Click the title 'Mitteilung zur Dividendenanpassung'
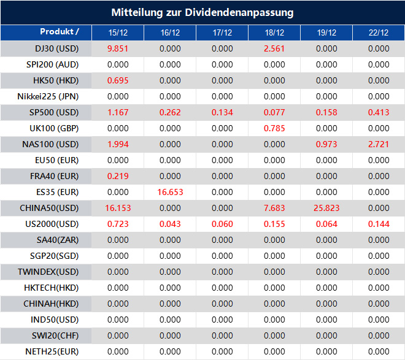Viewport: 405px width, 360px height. [202, 12]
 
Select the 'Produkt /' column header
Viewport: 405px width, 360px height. [60, 32]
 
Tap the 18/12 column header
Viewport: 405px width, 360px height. [275, 33]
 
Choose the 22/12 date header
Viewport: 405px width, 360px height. [379, 33]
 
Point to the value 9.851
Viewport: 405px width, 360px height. [118, 48]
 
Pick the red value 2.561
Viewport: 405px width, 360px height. [275, 48]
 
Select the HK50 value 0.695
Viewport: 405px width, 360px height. [118, 80]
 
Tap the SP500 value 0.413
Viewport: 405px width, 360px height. [379, 112]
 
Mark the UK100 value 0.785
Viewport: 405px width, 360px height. [275, 128]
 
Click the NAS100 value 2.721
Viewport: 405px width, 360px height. [379, 144]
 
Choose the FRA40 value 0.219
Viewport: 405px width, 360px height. [118, 176]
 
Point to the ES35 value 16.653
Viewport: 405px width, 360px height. [170, 192]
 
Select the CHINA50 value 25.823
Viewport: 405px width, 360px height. [327, 208]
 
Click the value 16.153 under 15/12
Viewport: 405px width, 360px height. [118, 208]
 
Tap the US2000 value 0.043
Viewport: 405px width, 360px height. [170, 224]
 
